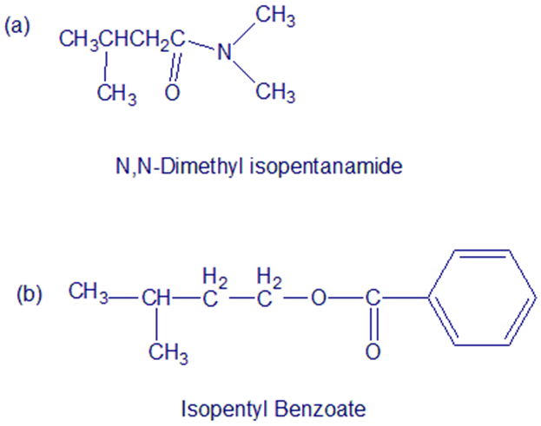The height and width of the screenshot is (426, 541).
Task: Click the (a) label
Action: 17,27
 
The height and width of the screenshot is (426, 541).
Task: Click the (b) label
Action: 30,295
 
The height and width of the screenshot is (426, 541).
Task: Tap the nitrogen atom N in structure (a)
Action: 224,52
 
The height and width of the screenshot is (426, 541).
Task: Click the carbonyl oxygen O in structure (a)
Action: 172,92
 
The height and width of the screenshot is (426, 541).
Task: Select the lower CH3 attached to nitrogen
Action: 275,92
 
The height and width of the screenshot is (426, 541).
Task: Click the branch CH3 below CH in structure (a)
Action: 116,94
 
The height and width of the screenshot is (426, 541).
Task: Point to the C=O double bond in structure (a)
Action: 175,67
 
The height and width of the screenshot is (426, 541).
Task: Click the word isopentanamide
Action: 326,167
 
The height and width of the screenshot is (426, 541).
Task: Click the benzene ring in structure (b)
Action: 482,297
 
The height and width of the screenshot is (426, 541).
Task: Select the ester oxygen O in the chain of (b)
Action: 318,298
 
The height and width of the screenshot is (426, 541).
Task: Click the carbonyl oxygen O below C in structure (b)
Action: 373,351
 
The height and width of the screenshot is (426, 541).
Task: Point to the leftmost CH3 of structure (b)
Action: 89,292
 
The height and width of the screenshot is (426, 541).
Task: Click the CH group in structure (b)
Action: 156,298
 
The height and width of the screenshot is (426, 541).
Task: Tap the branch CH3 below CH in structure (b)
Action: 168,353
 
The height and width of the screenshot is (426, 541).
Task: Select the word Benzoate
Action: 320,410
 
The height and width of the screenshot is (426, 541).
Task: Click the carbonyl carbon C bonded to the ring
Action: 373,298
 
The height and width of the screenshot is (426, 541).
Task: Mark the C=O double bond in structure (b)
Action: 373,324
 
